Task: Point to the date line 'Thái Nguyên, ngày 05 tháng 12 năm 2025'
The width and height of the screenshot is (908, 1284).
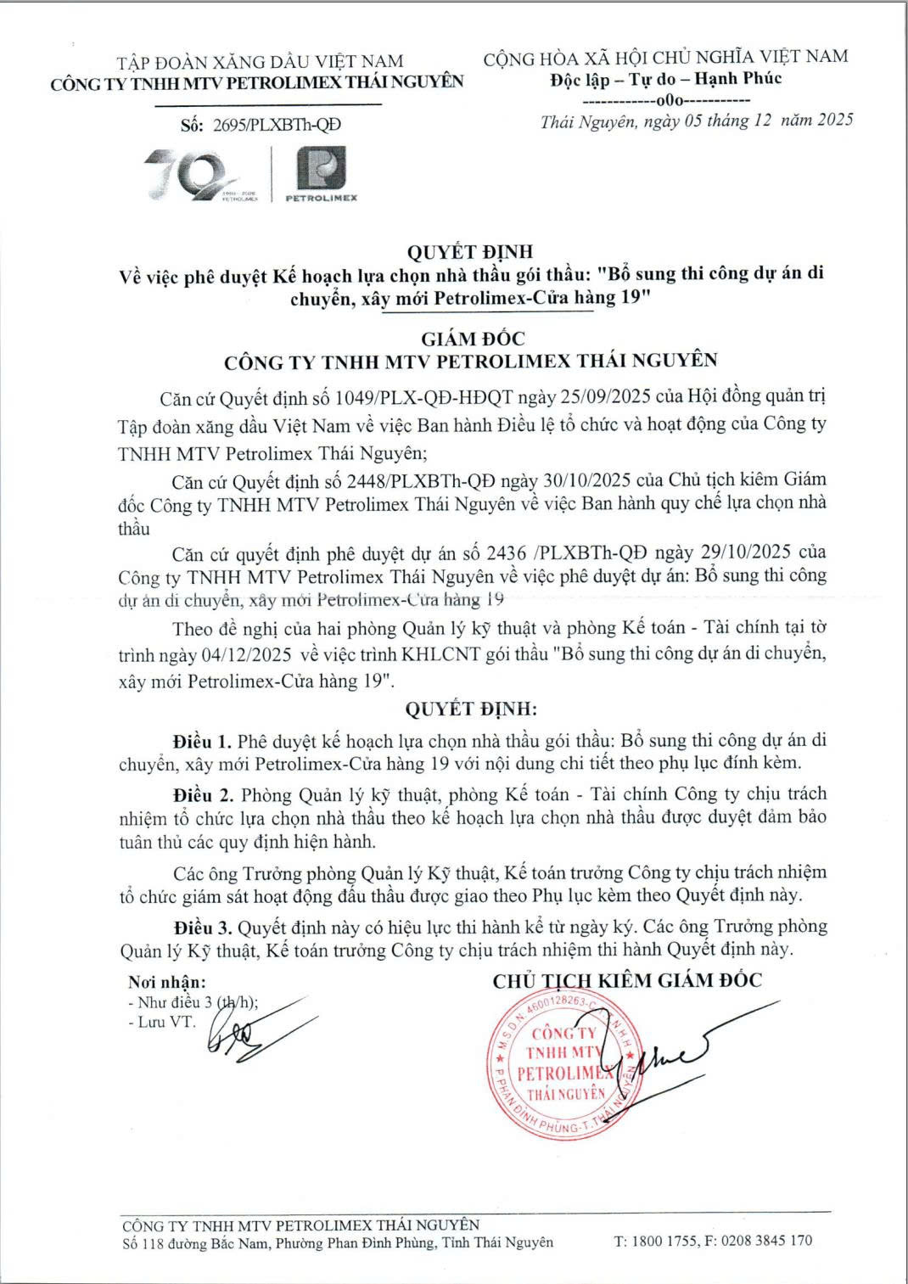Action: point(696,121)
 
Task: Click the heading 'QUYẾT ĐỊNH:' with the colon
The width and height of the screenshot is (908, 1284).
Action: point(471,709)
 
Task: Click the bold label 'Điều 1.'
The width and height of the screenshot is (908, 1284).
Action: point(201,740)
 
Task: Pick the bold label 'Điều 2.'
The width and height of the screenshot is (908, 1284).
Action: point(202,794)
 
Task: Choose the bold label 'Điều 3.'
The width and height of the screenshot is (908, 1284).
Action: point(202,927)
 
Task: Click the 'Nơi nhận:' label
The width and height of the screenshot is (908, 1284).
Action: point(166,982)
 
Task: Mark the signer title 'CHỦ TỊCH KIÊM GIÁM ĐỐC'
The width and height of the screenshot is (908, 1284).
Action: point(627,981)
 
